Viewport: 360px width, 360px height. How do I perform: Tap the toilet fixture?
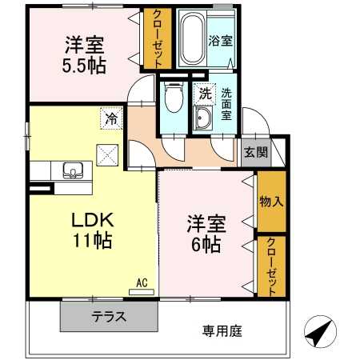[x=171, y=100]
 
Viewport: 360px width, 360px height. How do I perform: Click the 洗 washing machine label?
[x=205, y=94]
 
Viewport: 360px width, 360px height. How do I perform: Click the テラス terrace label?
[x=107, y=316]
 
